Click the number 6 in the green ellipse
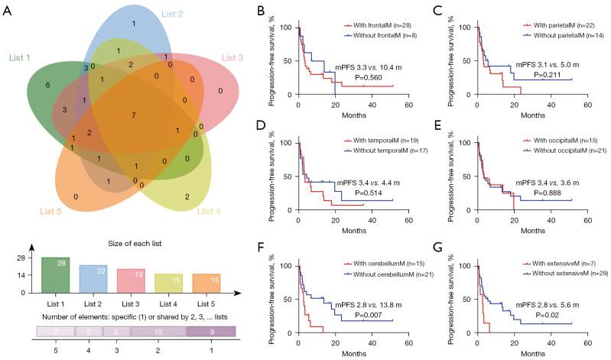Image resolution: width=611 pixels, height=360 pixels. point(47,85)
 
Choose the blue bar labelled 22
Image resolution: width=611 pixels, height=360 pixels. point(93,278)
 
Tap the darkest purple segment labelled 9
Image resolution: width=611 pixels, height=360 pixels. point(210,332)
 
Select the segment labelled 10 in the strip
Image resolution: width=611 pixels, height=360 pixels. point(158,332)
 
